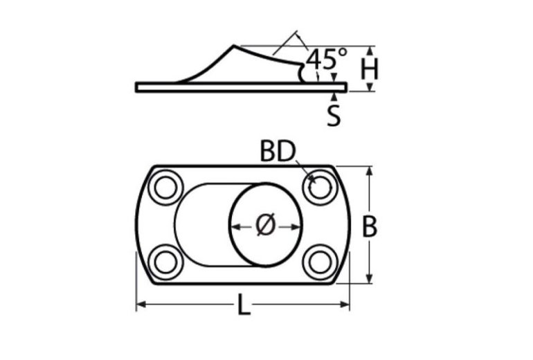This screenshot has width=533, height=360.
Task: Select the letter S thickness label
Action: (334, 115)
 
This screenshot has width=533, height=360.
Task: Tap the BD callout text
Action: (278, 152)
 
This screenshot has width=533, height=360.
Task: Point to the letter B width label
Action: (370, 226)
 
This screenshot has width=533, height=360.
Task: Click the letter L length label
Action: (243, 305)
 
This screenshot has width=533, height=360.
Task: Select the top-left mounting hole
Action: (166, 187)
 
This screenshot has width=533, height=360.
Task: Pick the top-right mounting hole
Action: (319, 187)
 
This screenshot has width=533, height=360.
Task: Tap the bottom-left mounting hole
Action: (166, 262)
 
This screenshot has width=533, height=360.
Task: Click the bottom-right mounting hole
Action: (319, 262)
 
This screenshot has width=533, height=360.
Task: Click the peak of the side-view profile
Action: (233, 46)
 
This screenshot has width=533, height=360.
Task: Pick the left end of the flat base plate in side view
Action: (138, 87)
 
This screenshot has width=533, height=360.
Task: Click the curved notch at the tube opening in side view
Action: (302, 72)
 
